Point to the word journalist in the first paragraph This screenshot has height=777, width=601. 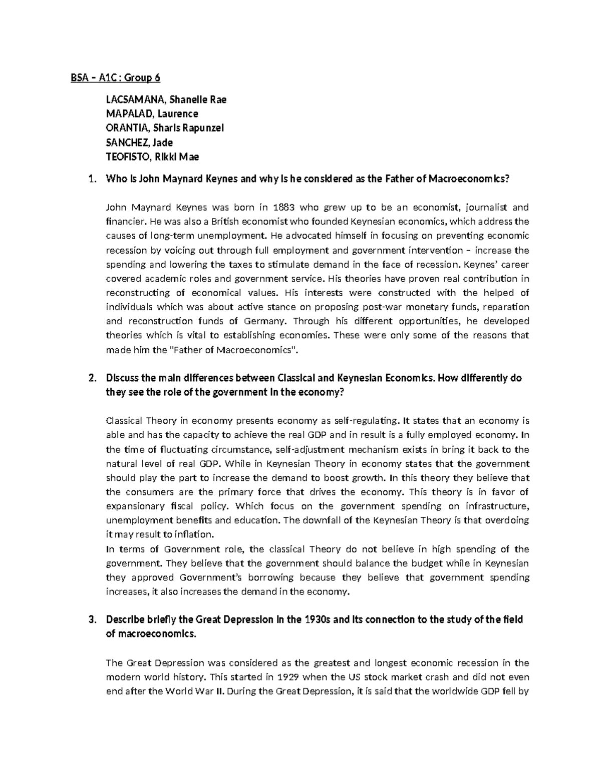(x=487, y=207)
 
